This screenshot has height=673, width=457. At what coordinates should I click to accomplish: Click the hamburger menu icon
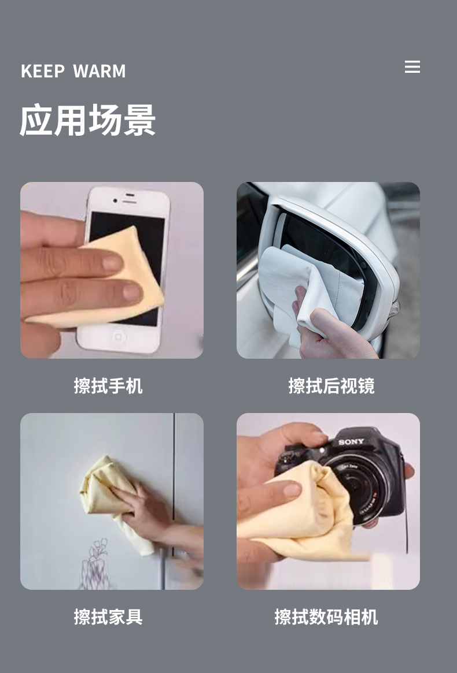click(412, 66)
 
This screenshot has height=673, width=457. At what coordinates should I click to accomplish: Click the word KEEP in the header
click(43, 71)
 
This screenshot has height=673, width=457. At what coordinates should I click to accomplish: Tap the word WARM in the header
click(99, 71)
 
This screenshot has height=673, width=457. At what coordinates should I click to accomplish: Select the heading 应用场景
click(88, 120)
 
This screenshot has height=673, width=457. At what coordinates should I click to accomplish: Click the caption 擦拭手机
click(108, 385)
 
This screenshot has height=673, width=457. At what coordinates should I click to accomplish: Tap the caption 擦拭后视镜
click(331, 385)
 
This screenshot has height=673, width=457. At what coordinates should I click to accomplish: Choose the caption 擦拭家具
click(108, 617)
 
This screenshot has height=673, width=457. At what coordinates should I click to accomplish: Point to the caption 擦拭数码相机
click(326, 617)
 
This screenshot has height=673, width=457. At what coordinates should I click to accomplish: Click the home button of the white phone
click(117, 336)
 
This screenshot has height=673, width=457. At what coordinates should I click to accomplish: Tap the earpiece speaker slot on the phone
click(130, 202)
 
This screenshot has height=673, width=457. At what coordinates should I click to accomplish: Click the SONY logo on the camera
click(351, 442)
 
